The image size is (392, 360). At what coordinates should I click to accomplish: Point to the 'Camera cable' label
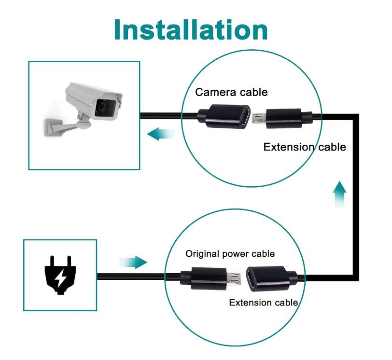231,92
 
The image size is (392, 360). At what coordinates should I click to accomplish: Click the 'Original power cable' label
230,253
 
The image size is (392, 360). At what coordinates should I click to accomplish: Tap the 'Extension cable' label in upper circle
305,147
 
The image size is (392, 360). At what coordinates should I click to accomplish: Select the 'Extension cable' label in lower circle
263,303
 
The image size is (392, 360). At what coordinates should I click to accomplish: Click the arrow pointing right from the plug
133,262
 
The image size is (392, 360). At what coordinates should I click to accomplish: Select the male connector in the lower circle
210,278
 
